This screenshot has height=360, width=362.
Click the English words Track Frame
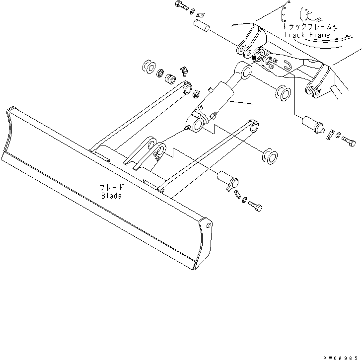coord(307,35)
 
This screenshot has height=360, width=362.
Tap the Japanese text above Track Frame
coord(306,27)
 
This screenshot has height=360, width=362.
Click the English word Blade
coord(111,196)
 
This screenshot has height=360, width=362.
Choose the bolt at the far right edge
coord(348,142)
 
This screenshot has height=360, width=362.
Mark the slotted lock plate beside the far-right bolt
coord(331,134)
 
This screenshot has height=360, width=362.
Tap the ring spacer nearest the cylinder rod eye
coord(282,93)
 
